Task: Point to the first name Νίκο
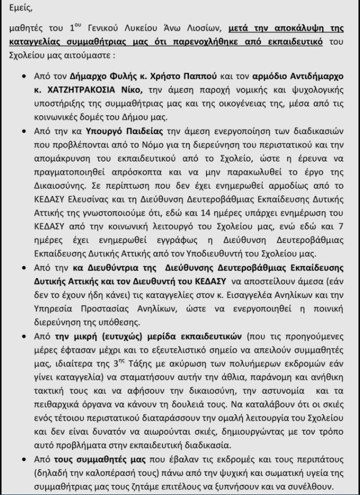click(145, 89)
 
